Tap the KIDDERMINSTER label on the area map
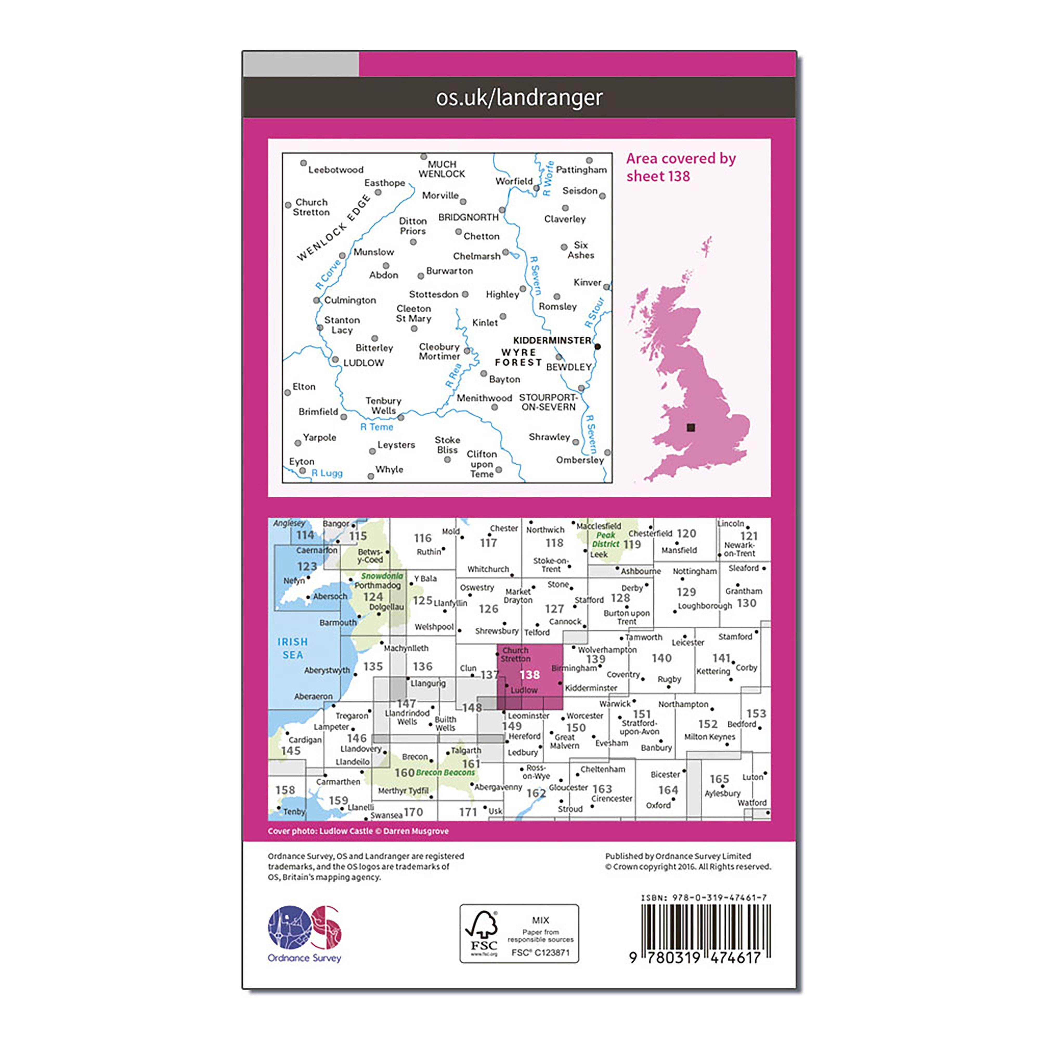coord(552,340)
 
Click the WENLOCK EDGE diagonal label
coord(334,228)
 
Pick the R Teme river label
coord(377,427)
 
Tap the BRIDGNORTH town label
coord(468,217)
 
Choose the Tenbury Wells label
coord(383,405)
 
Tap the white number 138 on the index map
coord(530,674)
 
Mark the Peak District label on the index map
coord(606,539)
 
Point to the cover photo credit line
coord(358,831)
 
